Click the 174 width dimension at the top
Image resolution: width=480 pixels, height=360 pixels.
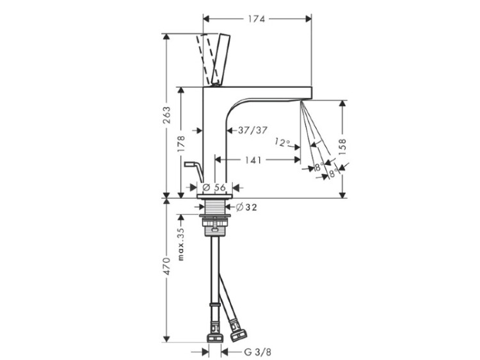(256, 19)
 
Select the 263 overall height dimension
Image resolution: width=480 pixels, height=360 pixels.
(166, 115)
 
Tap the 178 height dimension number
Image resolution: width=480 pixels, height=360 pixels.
(181, 144)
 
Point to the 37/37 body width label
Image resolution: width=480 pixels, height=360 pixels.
(253, 130)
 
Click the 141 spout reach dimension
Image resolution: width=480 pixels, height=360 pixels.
(253, 160)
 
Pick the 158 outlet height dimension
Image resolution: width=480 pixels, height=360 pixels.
(342, 146)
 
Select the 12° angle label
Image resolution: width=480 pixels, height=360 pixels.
(282, 142)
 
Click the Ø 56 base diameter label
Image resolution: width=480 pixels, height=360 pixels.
(214, 187)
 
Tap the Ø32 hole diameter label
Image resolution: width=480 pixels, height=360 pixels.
(247, 207)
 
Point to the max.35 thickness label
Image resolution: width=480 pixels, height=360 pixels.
(181, 244)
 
